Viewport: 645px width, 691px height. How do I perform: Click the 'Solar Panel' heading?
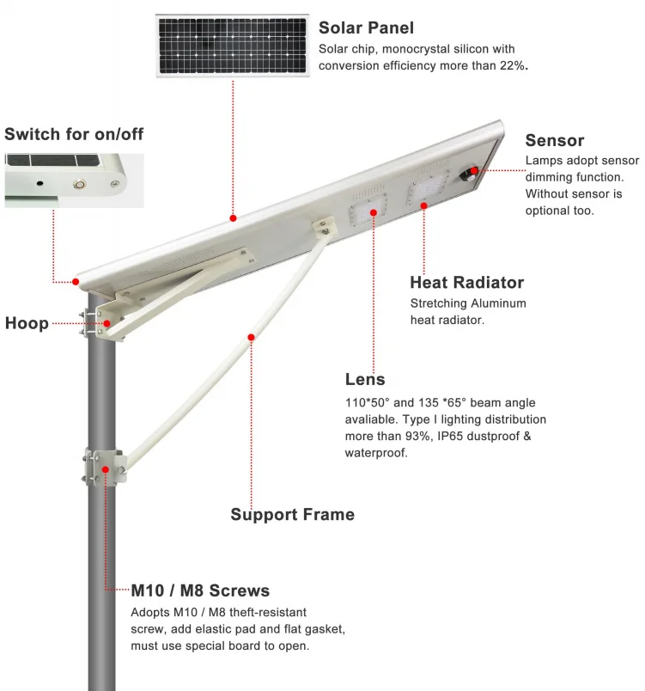366,28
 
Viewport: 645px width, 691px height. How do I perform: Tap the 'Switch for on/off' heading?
74,134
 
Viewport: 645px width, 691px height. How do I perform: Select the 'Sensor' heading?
554,141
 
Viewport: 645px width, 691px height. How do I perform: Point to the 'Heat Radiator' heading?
466,283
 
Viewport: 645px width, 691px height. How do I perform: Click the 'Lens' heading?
364,379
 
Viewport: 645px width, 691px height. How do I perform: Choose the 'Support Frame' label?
292,515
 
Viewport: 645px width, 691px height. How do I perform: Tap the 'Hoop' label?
26,324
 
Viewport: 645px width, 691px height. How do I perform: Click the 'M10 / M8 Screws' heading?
200,591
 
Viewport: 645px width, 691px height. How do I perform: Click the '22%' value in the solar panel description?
513,66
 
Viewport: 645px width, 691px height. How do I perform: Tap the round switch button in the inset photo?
80,183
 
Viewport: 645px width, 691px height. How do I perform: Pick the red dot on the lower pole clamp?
106,469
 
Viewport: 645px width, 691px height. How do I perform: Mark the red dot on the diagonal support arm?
252,337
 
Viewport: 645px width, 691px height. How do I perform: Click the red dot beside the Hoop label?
107,323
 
